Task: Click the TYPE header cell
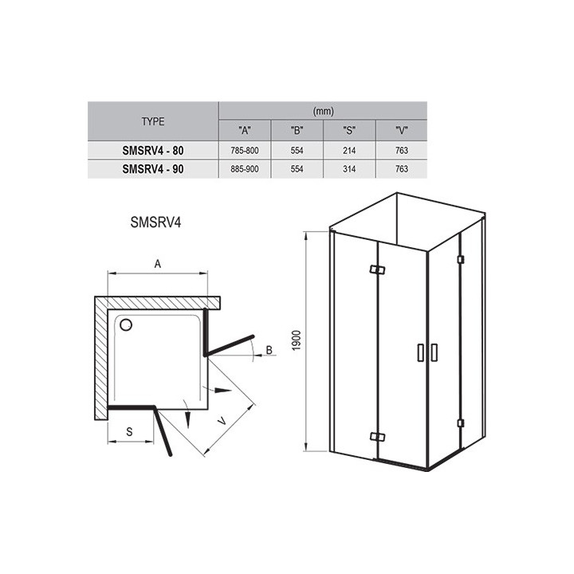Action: (153, 121)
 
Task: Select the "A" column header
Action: (245, 130)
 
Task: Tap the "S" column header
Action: (349, 130)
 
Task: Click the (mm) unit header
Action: (323, 111)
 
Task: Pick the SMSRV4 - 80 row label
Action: (153, 151)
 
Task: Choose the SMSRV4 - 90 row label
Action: (153, 169)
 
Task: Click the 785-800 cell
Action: (245, 151)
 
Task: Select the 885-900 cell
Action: (245, 169)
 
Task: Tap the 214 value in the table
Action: (349, 151)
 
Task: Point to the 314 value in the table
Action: (349, 169)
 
